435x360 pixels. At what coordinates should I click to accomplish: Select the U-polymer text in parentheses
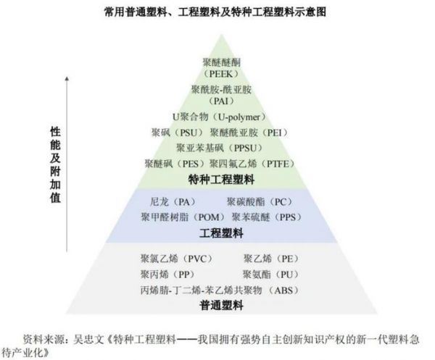[x=239, y=117]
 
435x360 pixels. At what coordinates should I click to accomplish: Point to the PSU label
[x=188, y=133]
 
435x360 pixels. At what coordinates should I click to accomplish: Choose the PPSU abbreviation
[x=244, y=148]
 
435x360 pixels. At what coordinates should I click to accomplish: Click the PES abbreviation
[x=191, y=164]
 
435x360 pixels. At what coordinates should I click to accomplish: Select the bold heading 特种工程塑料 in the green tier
[x=221, y=180]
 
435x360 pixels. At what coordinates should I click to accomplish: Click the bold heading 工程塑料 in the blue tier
[x=221, y=233]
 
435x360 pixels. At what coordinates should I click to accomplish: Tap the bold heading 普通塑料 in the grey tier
[x=221, y=305]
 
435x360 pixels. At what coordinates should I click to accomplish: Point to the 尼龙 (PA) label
[x=173, y=202]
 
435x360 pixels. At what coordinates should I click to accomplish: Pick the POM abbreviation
[x=209, y=217]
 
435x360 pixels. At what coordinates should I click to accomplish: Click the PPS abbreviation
[x=288, y=217]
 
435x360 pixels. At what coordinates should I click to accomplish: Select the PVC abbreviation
[x=197, y=259]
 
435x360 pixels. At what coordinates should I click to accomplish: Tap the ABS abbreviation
[x=283, y=290]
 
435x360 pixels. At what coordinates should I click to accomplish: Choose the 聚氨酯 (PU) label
[x=271, y=275]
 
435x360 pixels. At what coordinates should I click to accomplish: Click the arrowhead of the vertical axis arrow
[x=67, y=79]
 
